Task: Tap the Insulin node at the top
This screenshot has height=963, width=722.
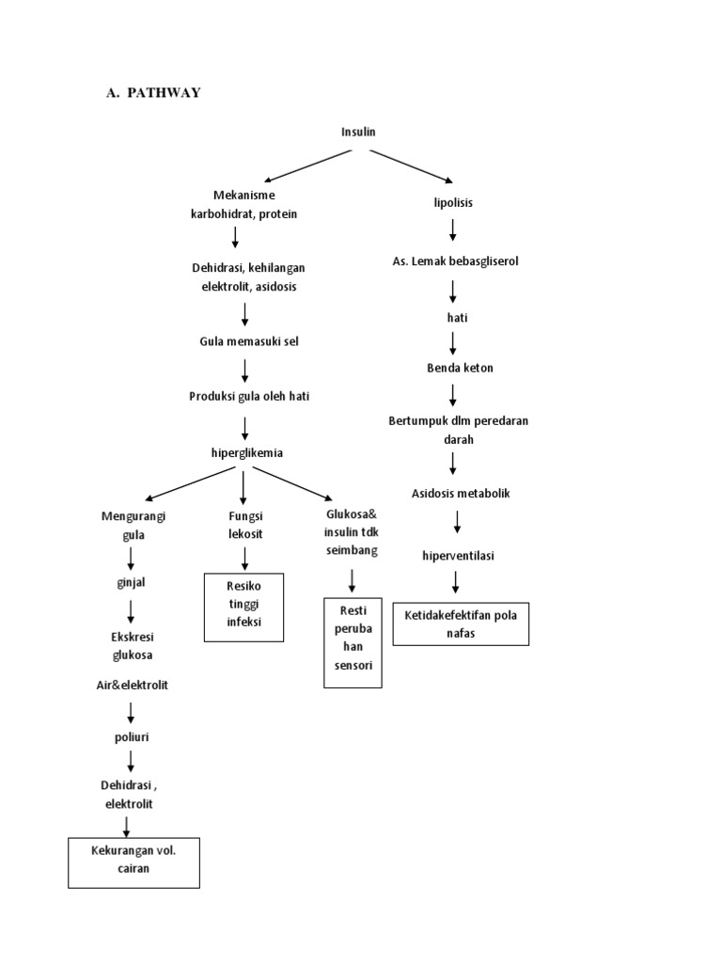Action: [x=357, y=132]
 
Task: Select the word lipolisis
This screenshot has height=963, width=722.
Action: [x=453, y=202]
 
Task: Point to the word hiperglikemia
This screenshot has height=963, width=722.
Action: [x=246, y=452]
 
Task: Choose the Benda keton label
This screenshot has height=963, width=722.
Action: [x=459, y=368]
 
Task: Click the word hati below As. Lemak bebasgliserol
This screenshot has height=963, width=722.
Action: [x=457, y=318]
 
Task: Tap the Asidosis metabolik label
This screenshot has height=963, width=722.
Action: [x=461, y=494]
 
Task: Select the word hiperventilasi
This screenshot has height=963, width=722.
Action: [x=458, y=556]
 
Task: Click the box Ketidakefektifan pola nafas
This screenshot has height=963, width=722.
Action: [x=461, y=624]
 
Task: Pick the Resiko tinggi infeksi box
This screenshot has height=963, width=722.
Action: [x=243, y=608]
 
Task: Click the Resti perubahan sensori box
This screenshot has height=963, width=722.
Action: [x=353, y=642]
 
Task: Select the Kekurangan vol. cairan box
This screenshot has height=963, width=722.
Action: [x=134, y=860]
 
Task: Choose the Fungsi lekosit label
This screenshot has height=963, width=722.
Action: [x=245, y=525]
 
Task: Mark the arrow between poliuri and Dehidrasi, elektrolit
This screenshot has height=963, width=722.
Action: [x=130, y=760]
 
